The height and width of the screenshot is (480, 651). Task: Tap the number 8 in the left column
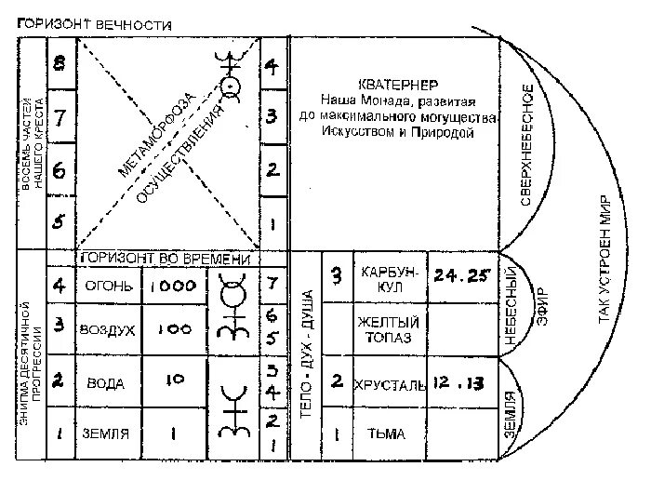pyautogui.click(x=60, y=64)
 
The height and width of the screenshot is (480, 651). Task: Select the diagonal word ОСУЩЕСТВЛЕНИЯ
pyautogui.click(x=182, y=154)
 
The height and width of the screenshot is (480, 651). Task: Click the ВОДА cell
pyautogui.click(x=105, y=381)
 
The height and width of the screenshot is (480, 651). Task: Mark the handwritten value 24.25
pyautogui.click(x=461, y=276)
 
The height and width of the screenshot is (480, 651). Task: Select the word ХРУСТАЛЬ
pyautogui.click(x=391, y=383)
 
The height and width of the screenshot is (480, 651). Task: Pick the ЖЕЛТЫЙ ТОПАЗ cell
pyautogui.click(x=391, y=329)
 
